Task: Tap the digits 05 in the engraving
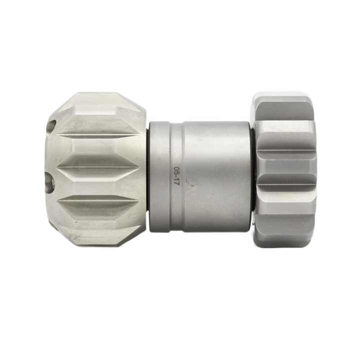(x=177, y=170)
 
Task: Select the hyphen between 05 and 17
(x=177, y=176)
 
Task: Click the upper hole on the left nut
(x=52, y=125)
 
